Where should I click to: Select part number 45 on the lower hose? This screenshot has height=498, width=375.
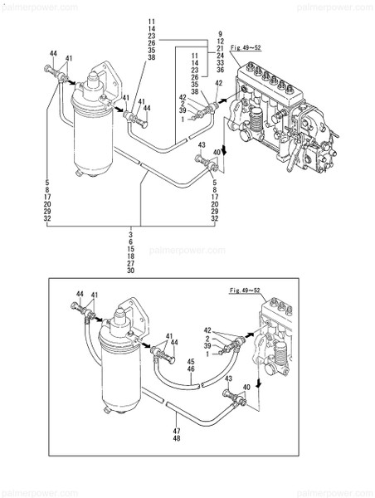pos(190,361)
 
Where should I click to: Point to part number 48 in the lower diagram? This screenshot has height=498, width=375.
pos(176,439)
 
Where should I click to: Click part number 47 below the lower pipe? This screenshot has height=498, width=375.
pos(176,431)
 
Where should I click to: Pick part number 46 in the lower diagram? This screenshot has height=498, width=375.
pos(190,369)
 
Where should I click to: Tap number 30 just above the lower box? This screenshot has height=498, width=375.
pos(131,271)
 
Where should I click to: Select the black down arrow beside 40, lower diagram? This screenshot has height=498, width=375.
pos(258,385)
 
